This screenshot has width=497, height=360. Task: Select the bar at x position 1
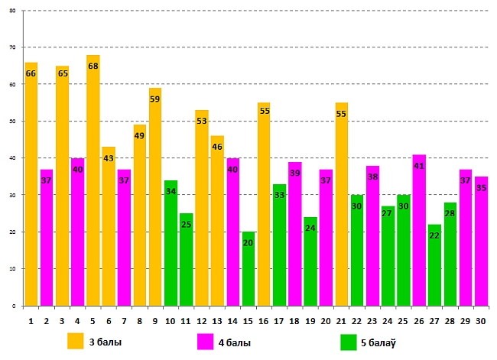(x=31, y=183)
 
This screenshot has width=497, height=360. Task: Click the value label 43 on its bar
(x=109, y=158)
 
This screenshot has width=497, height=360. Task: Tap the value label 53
(x=202, y=122)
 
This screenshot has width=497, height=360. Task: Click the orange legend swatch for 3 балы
(x=75, y=340)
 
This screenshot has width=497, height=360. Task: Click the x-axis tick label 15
(x=248, y=321)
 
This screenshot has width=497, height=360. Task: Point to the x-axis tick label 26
(x=419, y=321)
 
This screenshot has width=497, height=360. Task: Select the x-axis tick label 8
(x=139, y=321)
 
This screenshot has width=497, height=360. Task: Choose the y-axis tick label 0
(x=15, y=306)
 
